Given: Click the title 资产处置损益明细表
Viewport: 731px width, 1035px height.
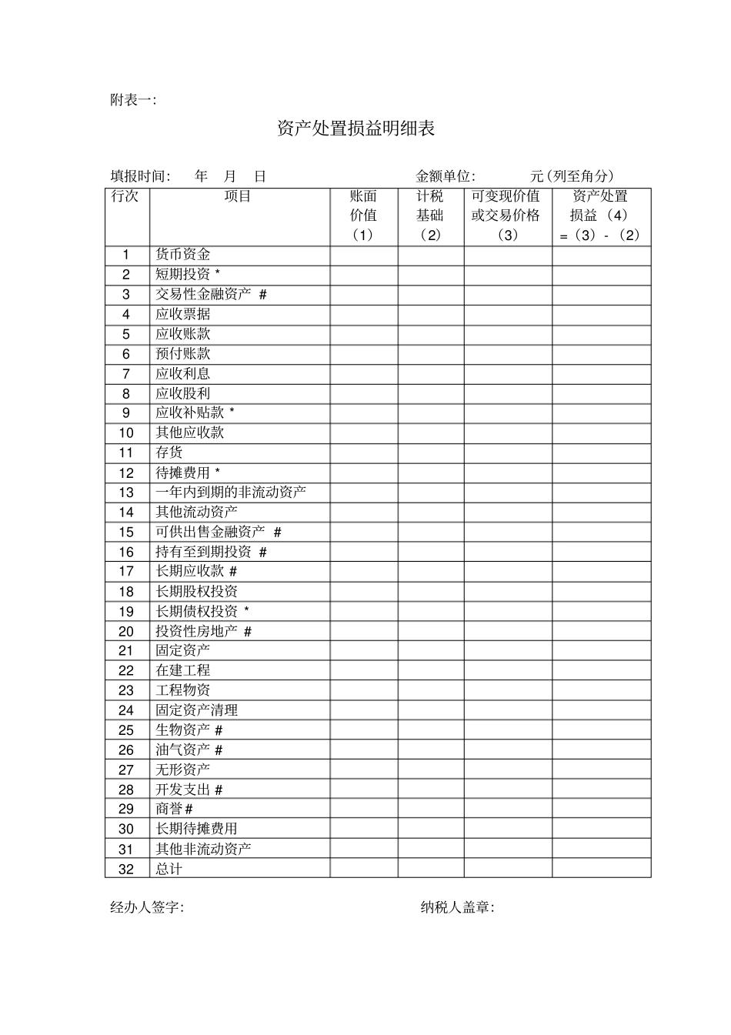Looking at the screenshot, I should click(x=356, y=129).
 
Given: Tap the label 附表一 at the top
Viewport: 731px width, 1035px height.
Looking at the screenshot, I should click(x=132, y=100).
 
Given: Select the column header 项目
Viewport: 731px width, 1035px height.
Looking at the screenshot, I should click(x=239, y=196).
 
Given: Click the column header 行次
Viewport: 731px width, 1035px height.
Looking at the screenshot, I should click(x=125, y=196).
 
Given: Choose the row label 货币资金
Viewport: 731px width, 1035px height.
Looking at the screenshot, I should click(x=183, y=255).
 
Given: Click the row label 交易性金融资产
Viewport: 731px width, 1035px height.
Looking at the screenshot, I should click(x=204, y=294).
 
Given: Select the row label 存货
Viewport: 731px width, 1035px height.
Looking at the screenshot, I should click(x=169, y=452).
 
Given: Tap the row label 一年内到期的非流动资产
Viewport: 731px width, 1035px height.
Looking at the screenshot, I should click(x=231, y=492).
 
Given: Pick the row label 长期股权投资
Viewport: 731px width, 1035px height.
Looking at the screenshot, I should click(x=197, y=591).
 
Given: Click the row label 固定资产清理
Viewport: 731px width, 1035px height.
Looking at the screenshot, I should click(x=197, y=710).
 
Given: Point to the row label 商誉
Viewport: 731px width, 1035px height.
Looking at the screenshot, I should click(x=169, y=809).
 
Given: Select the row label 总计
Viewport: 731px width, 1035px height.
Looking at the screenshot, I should click(x=169, y=869).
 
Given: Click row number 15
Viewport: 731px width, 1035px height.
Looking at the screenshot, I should click(x=126, y=532).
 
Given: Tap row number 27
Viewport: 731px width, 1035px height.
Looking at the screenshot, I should click(x=126, y=770).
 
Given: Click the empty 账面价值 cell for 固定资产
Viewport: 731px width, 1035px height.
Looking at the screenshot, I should click(x=364, y=651).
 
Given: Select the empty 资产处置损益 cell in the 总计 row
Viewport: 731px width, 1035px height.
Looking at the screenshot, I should click(x=601, y=869).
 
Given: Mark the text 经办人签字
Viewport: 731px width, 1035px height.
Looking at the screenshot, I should click(x=147, y=908).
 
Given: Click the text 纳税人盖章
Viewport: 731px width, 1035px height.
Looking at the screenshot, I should click(x=457, y=908).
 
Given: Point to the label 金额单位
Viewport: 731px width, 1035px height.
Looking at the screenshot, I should click(x=446, y=176).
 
